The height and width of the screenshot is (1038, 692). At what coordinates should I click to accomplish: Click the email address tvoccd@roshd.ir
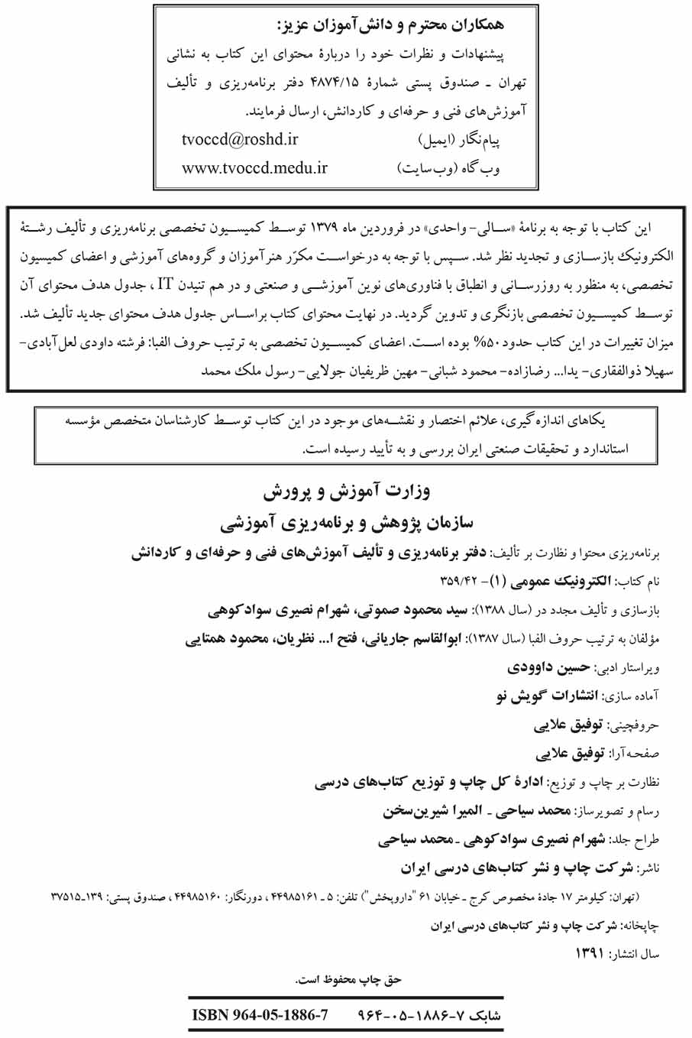(239, 139)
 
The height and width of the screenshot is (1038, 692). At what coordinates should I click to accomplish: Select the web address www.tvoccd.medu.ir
(254, 168)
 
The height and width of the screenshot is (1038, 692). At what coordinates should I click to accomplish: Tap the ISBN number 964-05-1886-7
(260, 1015)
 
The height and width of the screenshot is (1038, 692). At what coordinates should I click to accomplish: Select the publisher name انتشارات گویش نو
(545, 696)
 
